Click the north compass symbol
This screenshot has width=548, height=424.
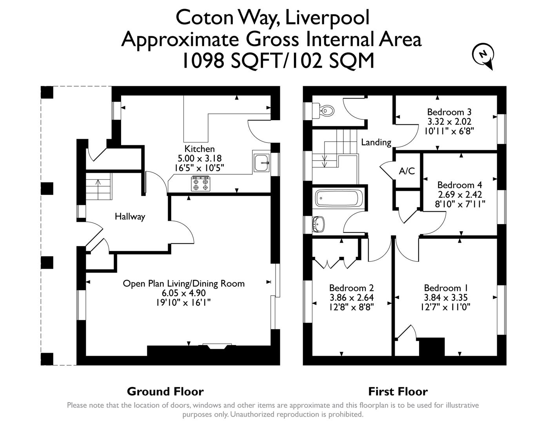click(483, 55)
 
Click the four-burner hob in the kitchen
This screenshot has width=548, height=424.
click(200, 184)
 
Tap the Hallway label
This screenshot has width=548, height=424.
click(130, 216)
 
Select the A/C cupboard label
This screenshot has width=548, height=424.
click(406, 171)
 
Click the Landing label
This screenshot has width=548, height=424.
click(376, 142)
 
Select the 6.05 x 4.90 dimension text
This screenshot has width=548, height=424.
click(183, 293)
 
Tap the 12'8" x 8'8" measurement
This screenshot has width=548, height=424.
click(351, 307)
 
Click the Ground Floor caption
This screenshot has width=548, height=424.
click(165, 391)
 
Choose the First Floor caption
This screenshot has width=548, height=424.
click(397, 391)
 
